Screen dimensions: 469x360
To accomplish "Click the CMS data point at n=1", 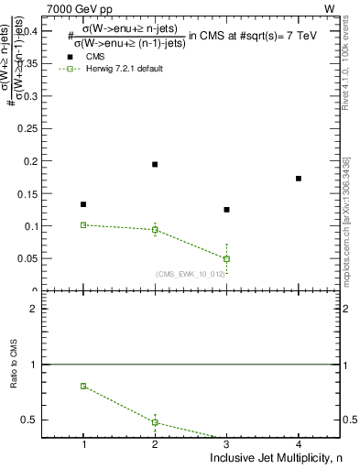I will pyautogui.click(x=83, y=204).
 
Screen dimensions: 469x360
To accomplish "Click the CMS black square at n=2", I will pyautogui.click(x=155, y=164).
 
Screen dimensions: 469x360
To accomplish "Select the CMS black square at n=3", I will pyautogui.click(x=226, y=210).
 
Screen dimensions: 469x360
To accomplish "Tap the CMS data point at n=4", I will pyautogui.click(x=299, y=179).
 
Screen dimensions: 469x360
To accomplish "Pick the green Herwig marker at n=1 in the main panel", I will pyautogui.click(x=83, y=224).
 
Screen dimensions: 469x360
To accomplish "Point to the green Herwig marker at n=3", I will pyautogui.click(x=226, y=258).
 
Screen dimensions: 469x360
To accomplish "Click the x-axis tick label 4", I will pyautogui.click(x=299, y=445).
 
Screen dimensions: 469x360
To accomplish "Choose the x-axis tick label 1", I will pyautogui.click(x=83, y=445).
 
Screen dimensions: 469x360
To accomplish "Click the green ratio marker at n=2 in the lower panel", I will pyautogui.click(x=155, y=422).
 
